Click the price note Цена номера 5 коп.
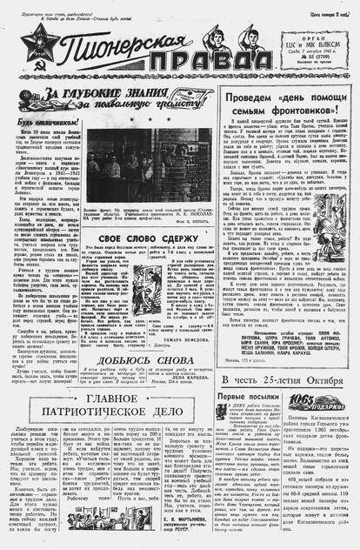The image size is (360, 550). [335, 14]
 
